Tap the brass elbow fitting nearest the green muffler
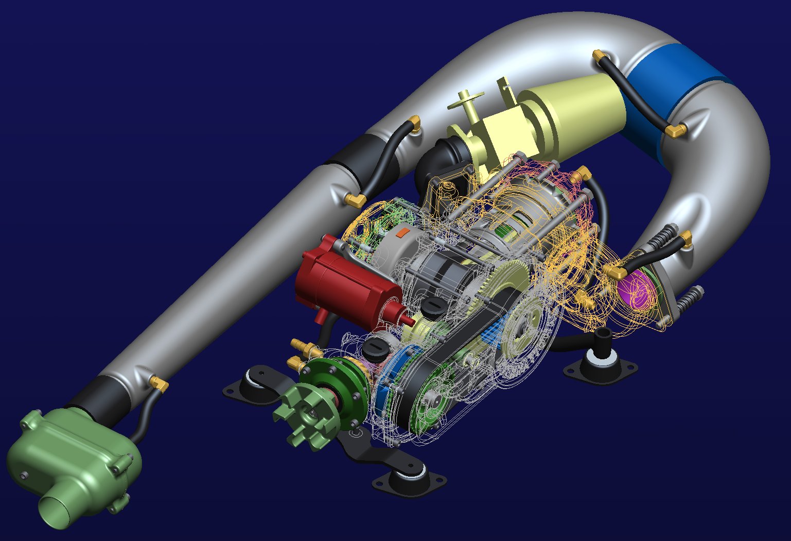[x=159, y=383]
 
